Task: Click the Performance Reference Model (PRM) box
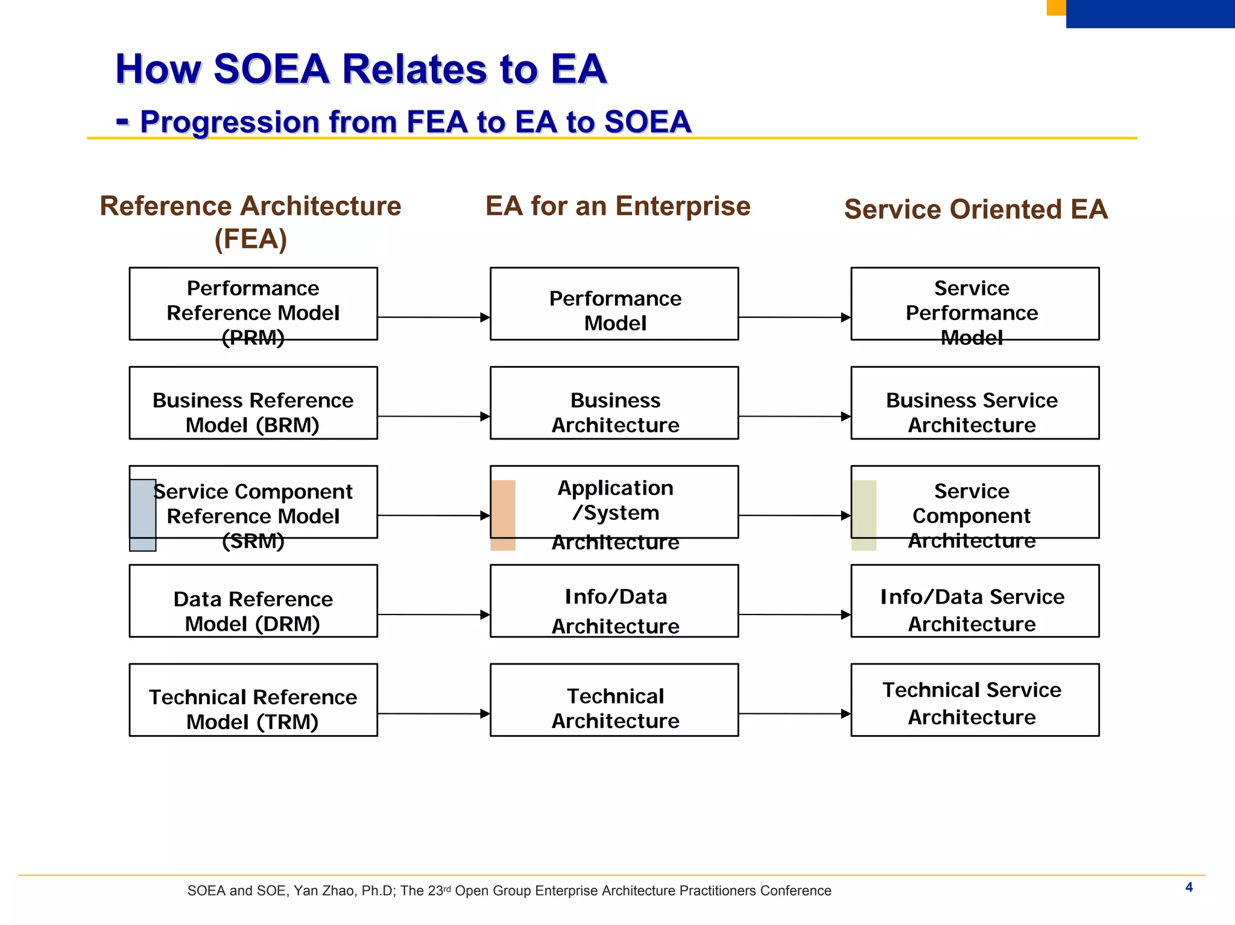point(253,304)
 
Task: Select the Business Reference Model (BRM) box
point(253,403)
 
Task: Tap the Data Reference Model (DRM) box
point(253,601)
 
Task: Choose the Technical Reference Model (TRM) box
point(253,699)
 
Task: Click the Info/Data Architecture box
point(614,601)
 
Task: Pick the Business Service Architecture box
point(974,403)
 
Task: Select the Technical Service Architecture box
point(974,699)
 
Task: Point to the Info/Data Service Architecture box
point(974,601)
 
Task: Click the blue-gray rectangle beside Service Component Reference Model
point(143,515)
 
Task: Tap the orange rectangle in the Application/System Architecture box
point(503,515)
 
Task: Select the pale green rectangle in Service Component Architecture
point(864,515)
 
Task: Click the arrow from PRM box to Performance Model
point(433,317)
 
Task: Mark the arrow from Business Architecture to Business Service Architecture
point(794,416)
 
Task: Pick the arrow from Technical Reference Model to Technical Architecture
point(433,713)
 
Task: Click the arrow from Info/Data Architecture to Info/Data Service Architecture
point(794,614)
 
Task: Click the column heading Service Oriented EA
point(976,209)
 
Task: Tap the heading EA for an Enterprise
point(617,206)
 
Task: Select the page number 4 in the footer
point(1189,887)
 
